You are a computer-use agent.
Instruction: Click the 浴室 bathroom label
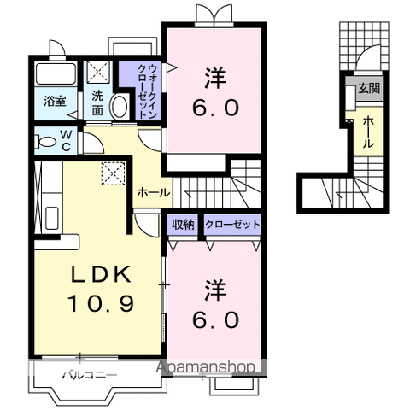(x=55, y=101)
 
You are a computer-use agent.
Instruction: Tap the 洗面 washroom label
(x=97, y=103)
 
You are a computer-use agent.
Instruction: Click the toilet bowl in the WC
(x=45, y=142)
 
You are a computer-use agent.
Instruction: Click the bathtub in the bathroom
(x=56, y=73)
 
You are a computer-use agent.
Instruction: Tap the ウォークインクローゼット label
(x=147, y=91)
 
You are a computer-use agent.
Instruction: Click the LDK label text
(x=101, y=273)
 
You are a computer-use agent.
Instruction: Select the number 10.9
(x=101, y=303)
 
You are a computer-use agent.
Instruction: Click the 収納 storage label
(x=183, y=225)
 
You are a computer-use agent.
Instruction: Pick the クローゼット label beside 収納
(x=232, y=225)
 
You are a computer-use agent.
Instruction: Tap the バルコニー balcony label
(x=90, y=375)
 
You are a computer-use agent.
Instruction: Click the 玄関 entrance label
(x=369, y=89)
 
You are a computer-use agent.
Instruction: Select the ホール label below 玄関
(x=368, y=132)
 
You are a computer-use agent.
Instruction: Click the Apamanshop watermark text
(x=205, y=367)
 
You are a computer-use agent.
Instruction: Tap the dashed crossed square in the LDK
(x=114, y=173)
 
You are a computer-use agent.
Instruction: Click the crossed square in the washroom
(x=98, y=72)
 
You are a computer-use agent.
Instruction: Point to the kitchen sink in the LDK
(x=52, y=218)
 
